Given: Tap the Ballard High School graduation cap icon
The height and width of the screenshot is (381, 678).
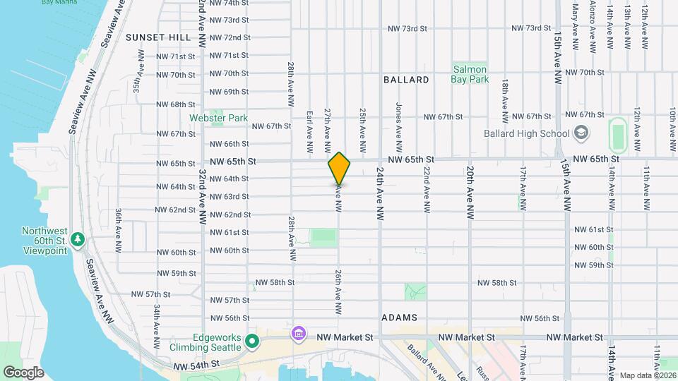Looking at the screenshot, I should (x=581, y=133).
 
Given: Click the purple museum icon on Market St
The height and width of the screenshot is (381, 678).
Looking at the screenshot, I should (x=298, y=332).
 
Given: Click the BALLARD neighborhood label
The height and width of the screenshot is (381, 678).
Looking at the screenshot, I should (x=406, y=80).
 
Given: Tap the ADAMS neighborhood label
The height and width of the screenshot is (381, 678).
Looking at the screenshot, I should (x=399, y=318).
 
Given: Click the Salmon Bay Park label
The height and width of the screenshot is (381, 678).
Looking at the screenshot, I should (x=470, y=74).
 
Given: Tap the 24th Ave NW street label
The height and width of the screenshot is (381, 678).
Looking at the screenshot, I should (x=380, y=191).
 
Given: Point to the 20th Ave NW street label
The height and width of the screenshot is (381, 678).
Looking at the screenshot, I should (x=470, y=191).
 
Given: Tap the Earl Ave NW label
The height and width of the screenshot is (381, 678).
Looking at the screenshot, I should (x=309, y=131).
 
